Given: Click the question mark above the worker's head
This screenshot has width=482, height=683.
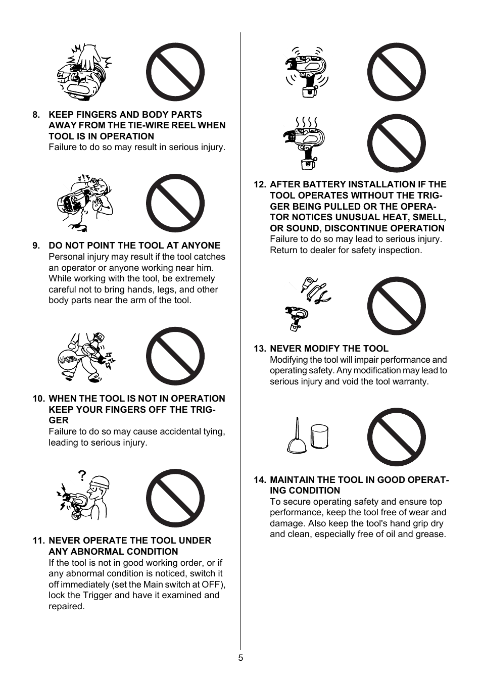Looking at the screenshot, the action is [x=82, y=475].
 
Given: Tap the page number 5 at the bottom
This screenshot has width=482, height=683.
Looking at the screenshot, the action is [x=240, y=658].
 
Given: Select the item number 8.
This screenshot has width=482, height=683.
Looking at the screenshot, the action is [x=36, y=115].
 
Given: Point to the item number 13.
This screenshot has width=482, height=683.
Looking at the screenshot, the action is [x=260, y=349].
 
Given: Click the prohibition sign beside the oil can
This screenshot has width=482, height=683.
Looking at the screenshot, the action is [x=396, y=437].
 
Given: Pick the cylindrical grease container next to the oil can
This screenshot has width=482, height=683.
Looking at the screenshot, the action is [x=319, y=436].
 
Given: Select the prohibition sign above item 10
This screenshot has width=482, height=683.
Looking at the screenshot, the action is [x=175, y=356].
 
